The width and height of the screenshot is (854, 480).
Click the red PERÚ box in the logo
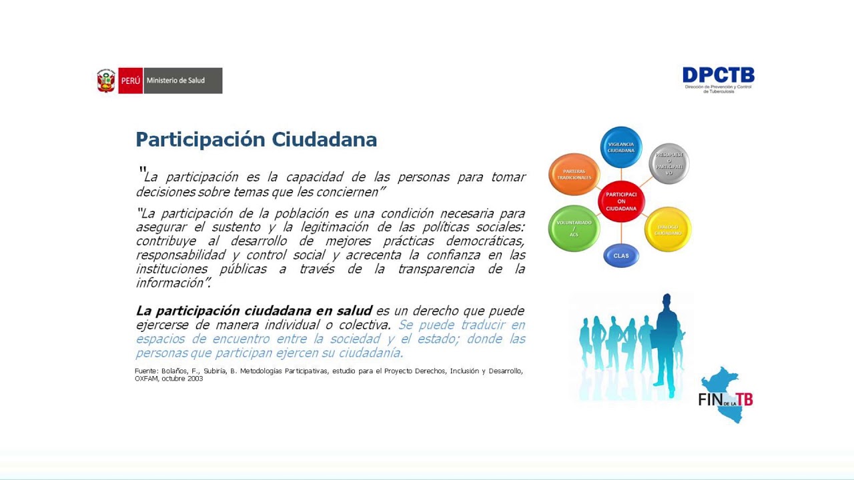[131, 81]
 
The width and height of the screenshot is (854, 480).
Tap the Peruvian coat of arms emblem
[106, 81]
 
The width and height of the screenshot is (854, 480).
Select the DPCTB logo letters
[719, 75]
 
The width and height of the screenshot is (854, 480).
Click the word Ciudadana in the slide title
[324, 139]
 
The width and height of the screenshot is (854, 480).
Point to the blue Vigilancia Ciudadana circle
[621, 147]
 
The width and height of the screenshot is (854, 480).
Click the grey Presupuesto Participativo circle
[669, 163]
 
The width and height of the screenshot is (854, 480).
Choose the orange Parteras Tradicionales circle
[574, 175]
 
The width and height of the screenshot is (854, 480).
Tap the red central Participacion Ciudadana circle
[621, 201]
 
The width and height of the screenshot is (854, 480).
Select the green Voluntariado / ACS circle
[574, 229]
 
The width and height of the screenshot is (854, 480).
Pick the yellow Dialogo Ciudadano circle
[668, 229]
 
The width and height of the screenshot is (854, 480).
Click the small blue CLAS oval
[621, 256]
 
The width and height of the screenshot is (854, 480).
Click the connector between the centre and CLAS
[621, 233]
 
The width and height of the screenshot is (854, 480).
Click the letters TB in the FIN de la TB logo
[743, 399]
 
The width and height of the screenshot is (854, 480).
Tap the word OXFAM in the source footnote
[146, 379]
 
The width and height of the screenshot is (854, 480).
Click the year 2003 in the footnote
[195, 379]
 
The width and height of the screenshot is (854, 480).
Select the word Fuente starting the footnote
[145, 371]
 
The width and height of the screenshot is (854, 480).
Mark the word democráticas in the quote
[485, 241]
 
